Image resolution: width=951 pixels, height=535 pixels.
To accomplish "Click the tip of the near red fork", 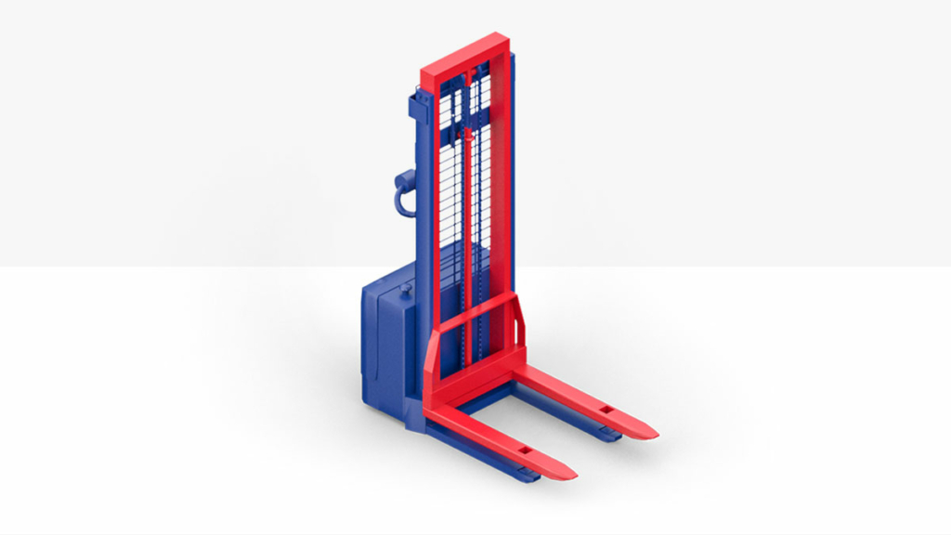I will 568,473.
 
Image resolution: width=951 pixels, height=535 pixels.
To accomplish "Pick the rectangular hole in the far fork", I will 606,409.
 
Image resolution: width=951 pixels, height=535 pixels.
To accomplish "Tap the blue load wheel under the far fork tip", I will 610,434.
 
